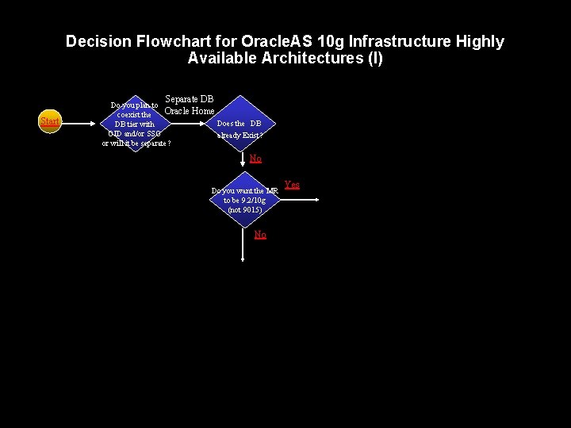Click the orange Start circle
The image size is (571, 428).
click(50, 121)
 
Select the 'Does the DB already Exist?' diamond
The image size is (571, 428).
click(240, 124)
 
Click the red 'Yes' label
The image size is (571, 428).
click(292, 185)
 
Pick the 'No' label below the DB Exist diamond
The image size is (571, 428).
click(255, 159)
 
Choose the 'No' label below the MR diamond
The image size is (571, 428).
click(260, 235)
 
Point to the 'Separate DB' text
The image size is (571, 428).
click(189, 99)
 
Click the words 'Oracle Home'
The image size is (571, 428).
click(189, 111)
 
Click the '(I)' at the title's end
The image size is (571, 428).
click(374, 59)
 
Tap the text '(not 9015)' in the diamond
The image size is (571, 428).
click(244, 210)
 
